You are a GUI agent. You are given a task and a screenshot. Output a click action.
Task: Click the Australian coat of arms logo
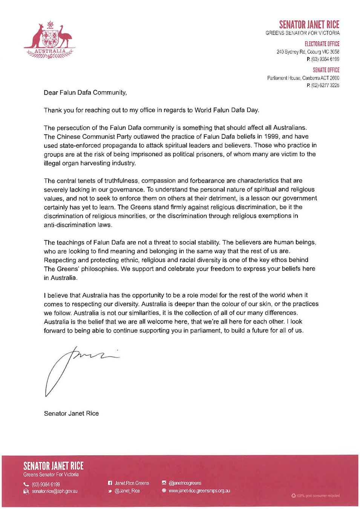(x=49, y=40)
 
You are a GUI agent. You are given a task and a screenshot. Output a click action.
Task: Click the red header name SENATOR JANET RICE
(x=309, y=25)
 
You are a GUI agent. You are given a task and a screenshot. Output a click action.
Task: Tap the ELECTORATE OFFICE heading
(x=322, y=44)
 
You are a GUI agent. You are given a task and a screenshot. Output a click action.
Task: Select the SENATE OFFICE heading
(x=326, y=70)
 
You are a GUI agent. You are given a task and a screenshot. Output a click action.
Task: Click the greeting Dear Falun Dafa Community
(x=85, y=92)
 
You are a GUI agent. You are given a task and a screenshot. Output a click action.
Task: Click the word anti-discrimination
(x=78, y=225)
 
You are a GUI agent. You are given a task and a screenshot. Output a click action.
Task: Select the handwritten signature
(x=79, y=368)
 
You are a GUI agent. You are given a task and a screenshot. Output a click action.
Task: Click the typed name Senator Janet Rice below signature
(x=71, y=413)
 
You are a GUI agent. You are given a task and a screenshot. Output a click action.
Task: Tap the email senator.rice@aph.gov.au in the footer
(x=55, y=491)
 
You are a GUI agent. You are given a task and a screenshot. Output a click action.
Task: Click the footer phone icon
(x=26, y=484)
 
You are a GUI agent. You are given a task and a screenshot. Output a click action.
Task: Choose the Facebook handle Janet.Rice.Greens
(x=132, y=483)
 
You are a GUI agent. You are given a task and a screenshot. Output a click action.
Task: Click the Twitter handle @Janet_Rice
(x=127, y=491)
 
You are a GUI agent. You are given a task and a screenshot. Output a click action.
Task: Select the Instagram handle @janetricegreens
(x=185, y=483)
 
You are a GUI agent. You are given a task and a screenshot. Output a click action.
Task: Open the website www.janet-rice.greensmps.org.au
(x=199, y=491)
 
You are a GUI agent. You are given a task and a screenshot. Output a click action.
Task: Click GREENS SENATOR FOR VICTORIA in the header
(x=302, y=33)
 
